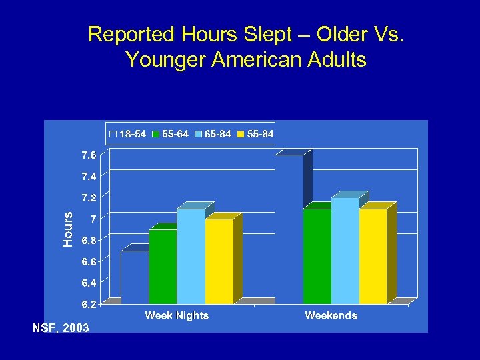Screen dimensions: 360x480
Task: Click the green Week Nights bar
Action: pos(163,267)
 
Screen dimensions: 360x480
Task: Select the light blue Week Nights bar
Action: pos(191,257)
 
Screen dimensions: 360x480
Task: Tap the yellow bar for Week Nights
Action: pos(219,261)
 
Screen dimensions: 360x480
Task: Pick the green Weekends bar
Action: pos(317,257)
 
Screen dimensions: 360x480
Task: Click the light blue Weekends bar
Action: pos(345,251)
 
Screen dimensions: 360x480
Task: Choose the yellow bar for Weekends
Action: pos(373,257)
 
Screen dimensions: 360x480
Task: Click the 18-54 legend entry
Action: pos(128,134)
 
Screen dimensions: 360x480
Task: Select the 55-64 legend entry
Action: pos(170,134)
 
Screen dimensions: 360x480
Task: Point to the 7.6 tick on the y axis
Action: pos(89,155)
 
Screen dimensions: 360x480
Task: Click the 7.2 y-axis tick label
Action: pos(89,198)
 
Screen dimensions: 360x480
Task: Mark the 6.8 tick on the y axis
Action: pos(89,241)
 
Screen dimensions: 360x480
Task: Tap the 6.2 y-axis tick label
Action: pos(89,304)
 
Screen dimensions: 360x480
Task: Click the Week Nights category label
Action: pos(177,315)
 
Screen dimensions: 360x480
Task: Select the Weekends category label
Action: pos(331,315)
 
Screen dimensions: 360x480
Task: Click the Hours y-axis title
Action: pos(67,229)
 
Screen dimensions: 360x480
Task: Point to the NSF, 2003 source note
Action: pos(61,327)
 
